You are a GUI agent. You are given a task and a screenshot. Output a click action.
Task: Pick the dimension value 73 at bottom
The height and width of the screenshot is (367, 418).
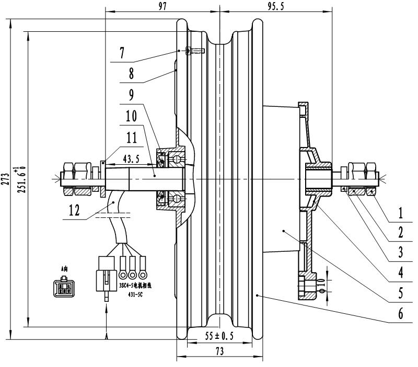coord(219,352)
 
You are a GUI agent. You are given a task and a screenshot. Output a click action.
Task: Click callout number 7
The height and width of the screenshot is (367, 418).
coord(122,53)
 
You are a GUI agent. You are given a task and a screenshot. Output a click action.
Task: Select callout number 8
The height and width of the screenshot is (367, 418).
coord(131,74)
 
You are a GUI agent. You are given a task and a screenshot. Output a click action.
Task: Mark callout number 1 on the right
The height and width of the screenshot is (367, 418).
coord(400,213)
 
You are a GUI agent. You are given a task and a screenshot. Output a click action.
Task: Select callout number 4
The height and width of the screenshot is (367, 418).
coord(400,272)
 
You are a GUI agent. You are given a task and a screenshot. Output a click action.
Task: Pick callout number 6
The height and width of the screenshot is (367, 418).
coord(400,313)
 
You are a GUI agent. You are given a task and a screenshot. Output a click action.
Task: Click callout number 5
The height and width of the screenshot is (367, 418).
coord(400,293)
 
